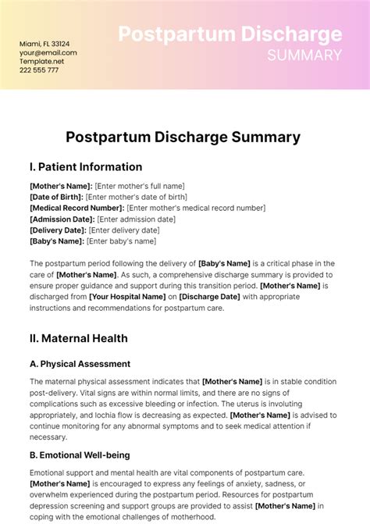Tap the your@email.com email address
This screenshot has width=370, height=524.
coord(48,52)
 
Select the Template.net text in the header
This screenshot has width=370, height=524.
coord(42,61)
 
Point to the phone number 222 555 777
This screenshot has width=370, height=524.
coord(39,70)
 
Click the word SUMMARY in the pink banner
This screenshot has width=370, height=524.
coord(304,55)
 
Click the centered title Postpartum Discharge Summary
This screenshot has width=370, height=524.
coord(183,137)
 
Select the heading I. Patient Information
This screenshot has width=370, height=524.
coord(86,166)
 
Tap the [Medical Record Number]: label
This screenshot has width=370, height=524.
coord(76,208)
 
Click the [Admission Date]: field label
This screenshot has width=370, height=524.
coord(62,219)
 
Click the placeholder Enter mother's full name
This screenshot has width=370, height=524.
coord(141,186)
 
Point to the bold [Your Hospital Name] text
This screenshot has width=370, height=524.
coord(131,297)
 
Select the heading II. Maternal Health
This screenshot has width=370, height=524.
coord(78,338)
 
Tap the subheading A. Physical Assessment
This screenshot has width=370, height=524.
coord(80,364)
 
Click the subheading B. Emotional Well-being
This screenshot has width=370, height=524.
coord(80,454)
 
